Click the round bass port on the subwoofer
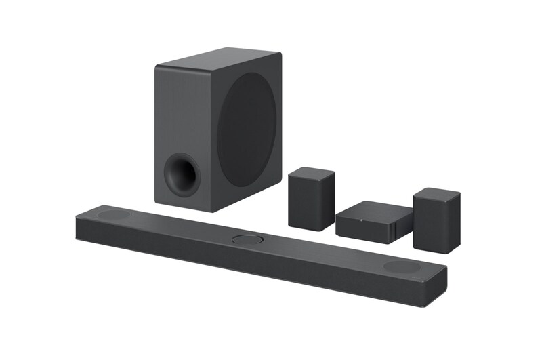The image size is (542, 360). tap(181, 172)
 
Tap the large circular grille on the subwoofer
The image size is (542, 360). tap(248, 130)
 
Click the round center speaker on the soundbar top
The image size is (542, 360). tap(248, 239)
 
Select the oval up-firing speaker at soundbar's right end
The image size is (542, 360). tap(400, 266)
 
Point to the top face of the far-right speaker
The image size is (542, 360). tap(437, 193)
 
